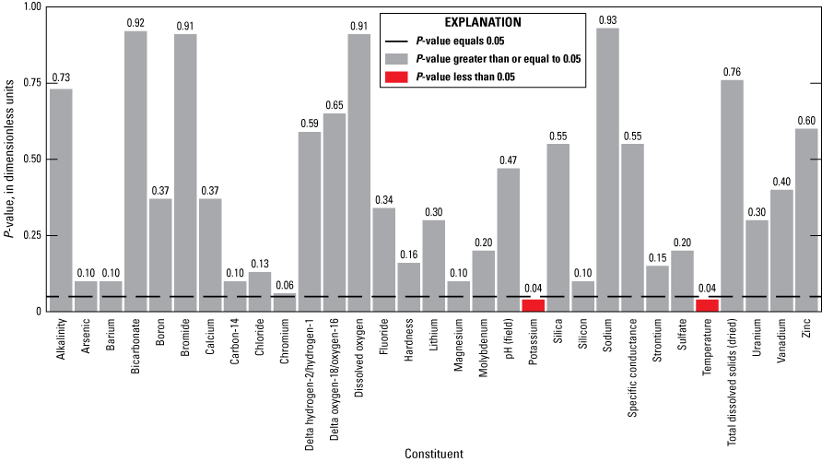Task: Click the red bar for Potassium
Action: point(533,305)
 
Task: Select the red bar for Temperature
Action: point(707,305)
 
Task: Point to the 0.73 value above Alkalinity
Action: point(61,77)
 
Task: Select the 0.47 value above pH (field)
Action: point(508,158)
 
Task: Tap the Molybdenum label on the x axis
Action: point(484,351)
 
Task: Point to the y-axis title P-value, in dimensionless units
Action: point(9,158)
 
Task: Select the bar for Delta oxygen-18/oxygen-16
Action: point(335,212)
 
